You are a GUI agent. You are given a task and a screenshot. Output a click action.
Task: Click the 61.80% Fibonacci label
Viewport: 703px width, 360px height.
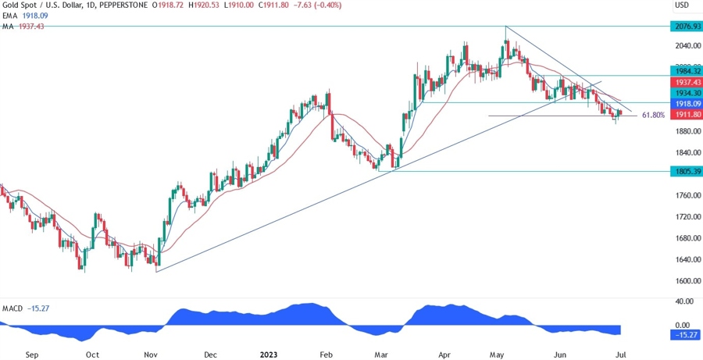click(653, 115)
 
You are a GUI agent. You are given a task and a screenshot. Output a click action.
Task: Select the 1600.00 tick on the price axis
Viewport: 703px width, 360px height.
click(682, 281)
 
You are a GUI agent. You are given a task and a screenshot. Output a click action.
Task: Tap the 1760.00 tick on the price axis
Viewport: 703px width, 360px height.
click(682, 195)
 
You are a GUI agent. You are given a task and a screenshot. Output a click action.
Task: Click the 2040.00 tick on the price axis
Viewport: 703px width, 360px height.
click(682, 45)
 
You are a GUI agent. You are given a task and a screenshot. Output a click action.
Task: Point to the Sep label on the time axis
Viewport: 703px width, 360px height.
click(32, 354)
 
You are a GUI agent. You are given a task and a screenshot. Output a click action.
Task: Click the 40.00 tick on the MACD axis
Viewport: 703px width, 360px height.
click(682, 301)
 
